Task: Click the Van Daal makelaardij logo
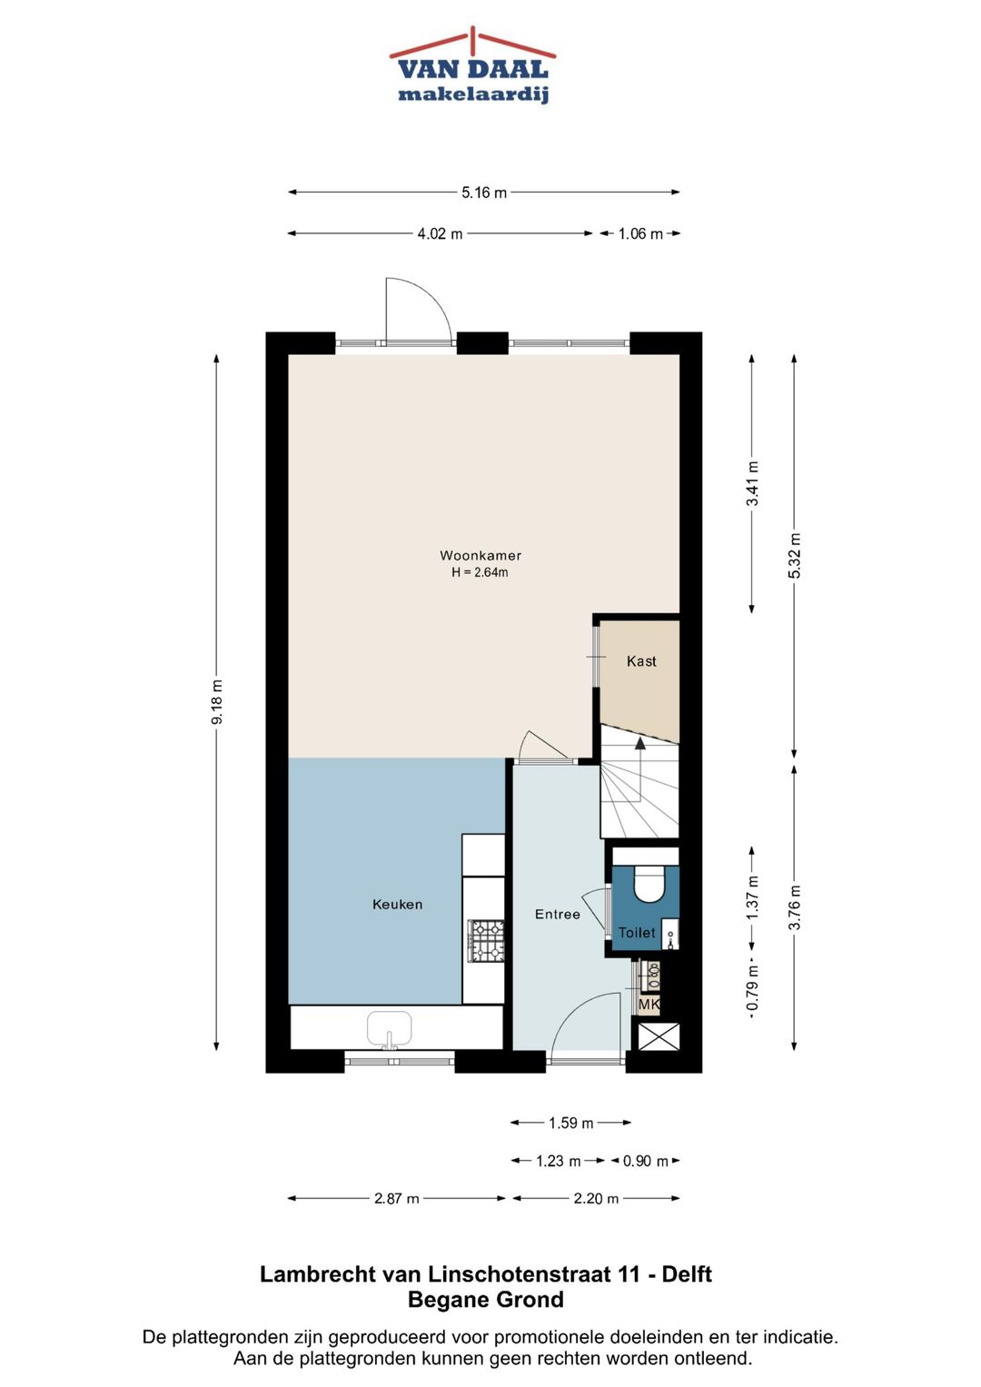click(x=472, y=65)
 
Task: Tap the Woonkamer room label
click(x=480, y=555)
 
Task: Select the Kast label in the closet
click(x=641, y=661)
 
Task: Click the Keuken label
click(x=398, y=905)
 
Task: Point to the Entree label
click(x=558, y=915)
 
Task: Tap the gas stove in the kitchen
click(x=486, y=942)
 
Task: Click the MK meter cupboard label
click(x=649, y=1005)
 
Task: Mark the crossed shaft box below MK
click(x=659, y=1035)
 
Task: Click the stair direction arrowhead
click(x=639, y=744)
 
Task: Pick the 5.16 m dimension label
click(x=483, y=193)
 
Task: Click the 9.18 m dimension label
click(x=217, y=702)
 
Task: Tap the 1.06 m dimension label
click(x=640, y=234)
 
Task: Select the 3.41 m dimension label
click(x=752, y=483)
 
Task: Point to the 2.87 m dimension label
click(x=396, y=1199)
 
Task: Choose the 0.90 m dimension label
click(x=645, y=1161)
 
